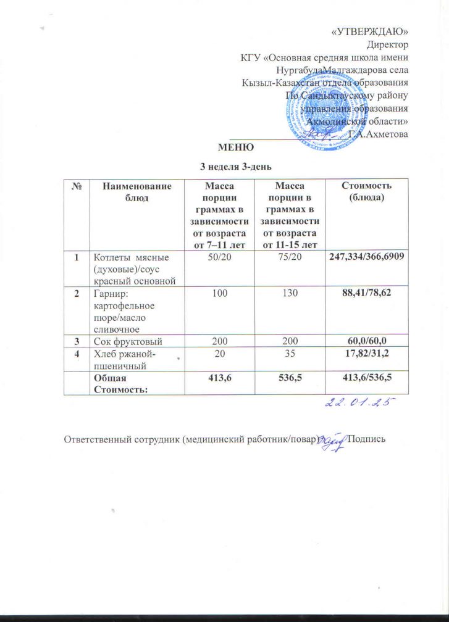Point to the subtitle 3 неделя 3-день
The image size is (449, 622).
click(x=235, y=165)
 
